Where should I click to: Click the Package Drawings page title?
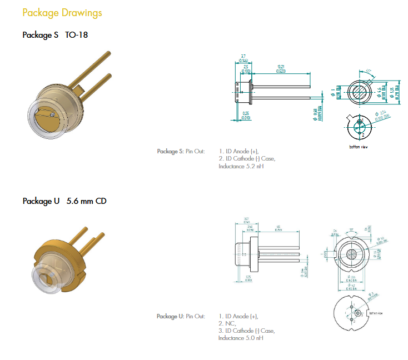click(62, 12)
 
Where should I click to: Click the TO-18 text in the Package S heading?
click(77, 35)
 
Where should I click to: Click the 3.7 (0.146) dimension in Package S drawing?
click(243, 58)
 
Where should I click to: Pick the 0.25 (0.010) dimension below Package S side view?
click(245, 116)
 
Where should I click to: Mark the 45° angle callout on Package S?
click(368, 71)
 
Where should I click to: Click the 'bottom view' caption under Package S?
click(359, 147)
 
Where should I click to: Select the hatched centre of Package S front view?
click(361, 89)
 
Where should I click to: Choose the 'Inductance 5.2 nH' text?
click(241, 166)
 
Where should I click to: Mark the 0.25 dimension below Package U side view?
click(247, 277)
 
